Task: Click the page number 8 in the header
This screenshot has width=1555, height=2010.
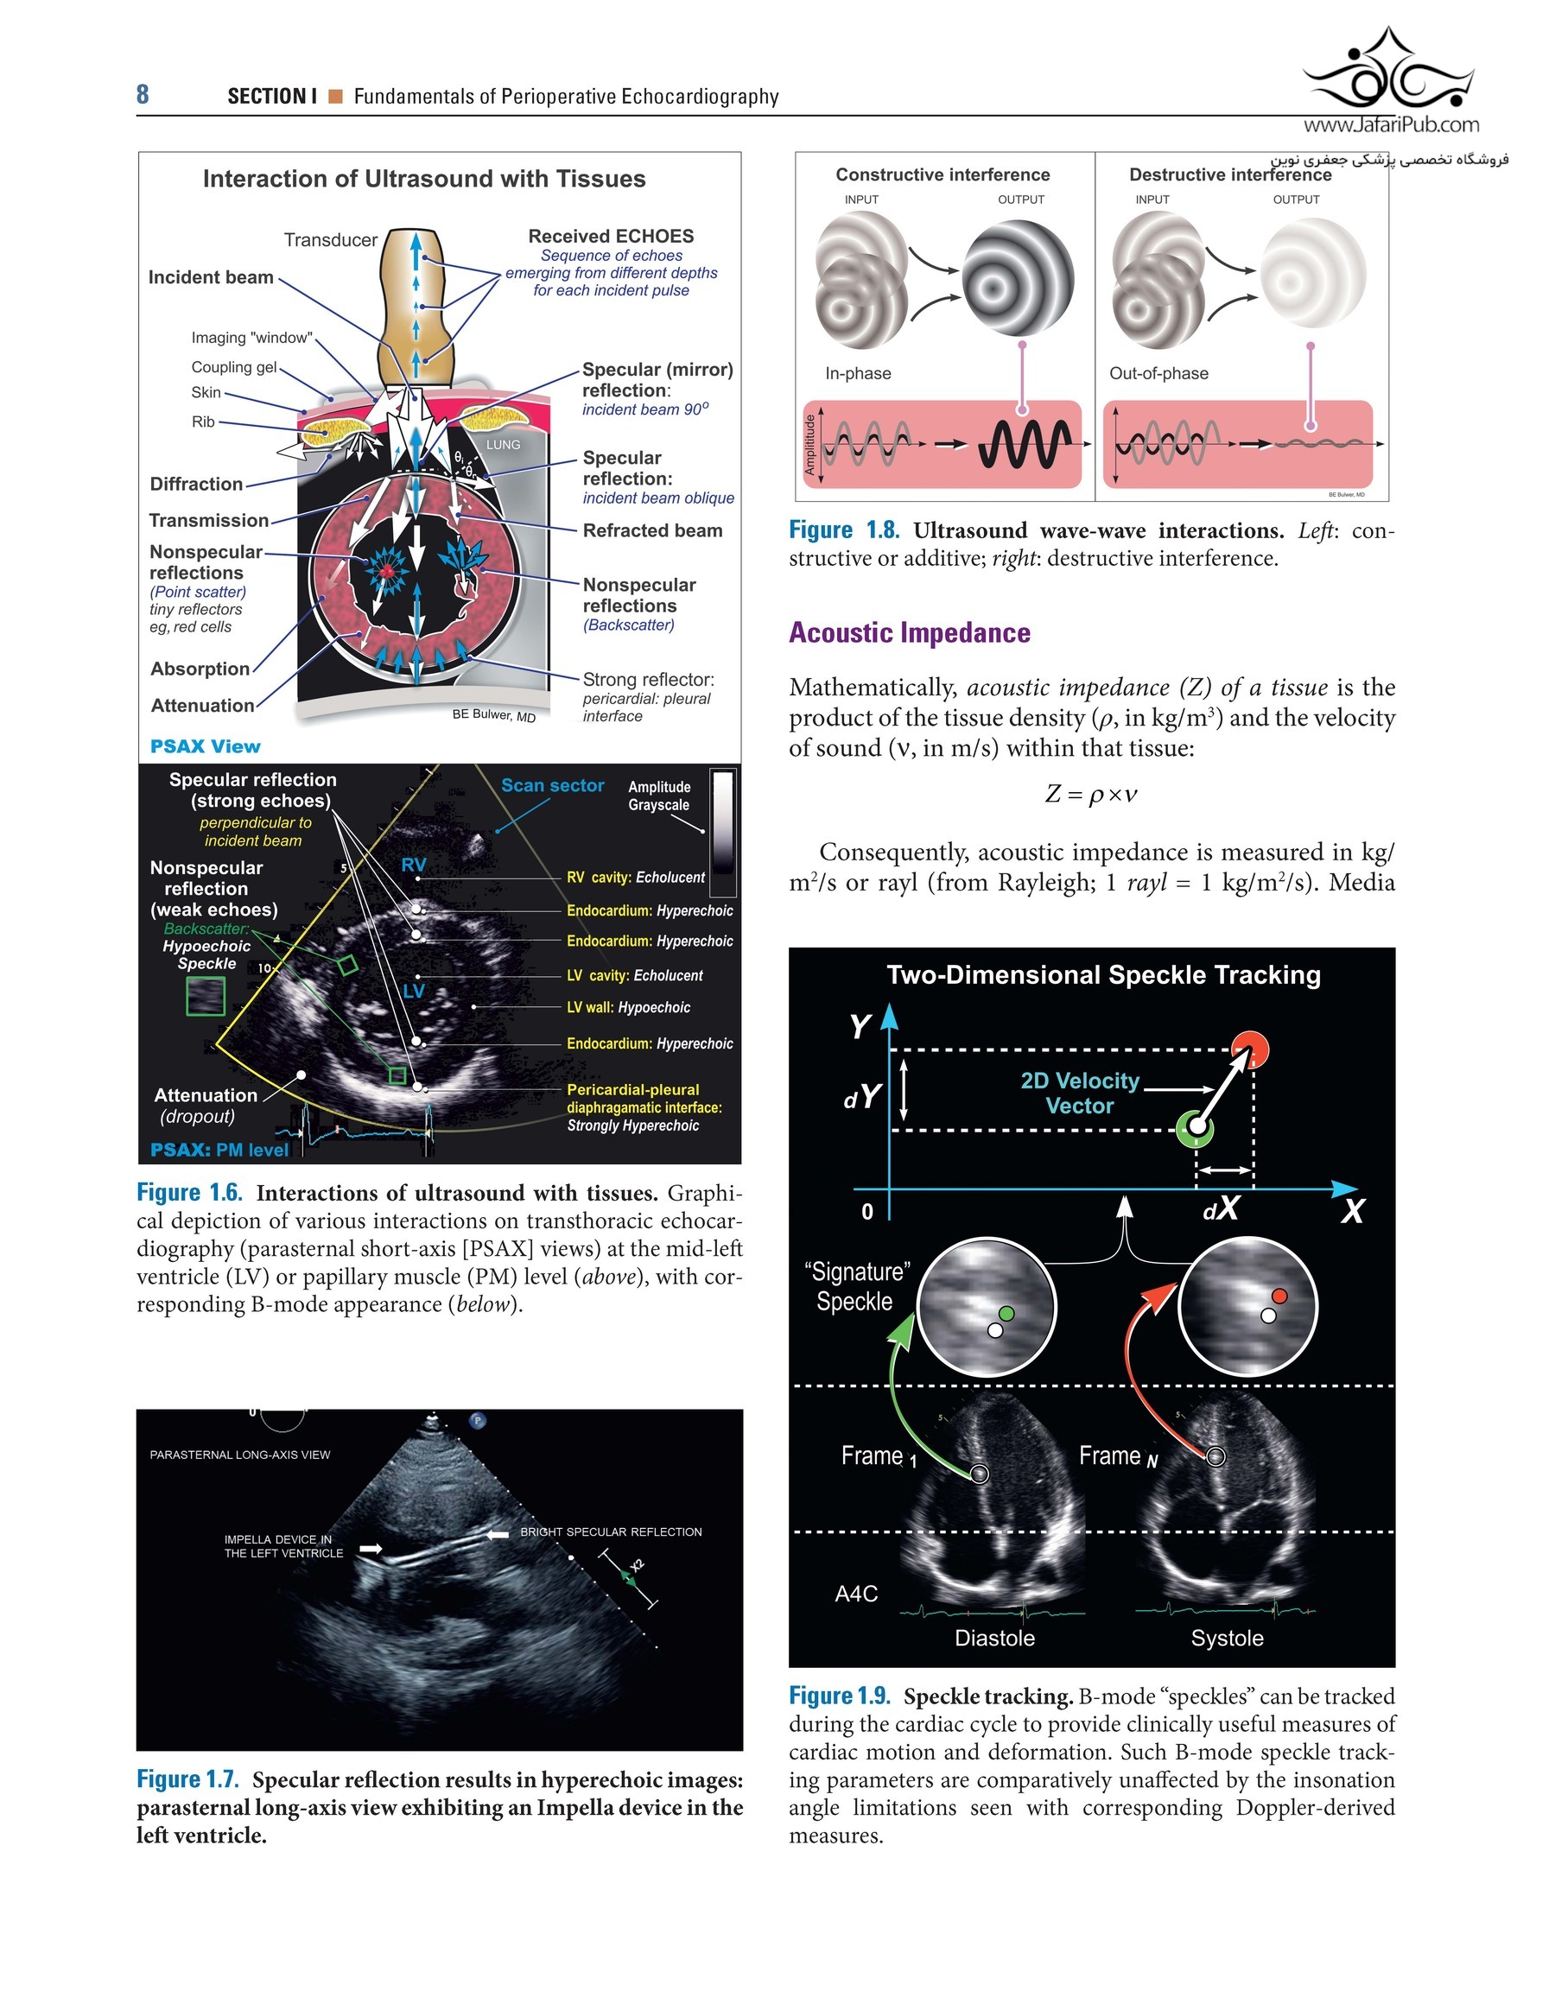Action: coord(143,95)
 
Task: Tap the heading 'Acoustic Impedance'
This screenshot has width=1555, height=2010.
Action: coord(909,633)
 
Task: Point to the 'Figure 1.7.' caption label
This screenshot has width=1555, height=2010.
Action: coord(187,1779)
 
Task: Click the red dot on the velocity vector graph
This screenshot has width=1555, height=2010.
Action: coord(1250,1049)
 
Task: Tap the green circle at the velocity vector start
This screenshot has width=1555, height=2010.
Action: coord(1195,1126)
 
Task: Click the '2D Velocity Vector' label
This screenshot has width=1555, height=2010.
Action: coord(1080,1094)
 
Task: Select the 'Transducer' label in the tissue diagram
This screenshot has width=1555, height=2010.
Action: coord(331,240)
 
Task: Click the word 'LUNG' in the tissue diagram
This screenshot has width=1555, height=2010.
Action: coord(503,445)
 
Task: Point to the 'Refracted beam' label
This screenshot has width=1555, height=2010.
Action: coord(652,531)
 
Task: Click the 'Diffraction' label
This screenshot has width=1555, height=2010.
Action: coord(196,484)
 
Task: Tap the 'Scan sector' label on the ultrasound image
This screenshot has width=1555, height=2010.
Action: coord(552,786)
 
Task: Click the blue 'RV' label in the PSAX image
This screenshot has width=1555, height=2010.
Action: coord(414,866)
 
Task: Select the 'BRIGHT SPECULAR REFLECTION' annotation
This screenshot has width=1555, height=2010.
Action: coord(611,1532)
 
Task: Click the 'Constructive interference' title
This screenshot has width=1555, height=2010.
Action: coord(942,174)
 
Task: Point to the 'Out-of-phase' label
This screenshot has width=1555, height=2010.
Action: coord(1158,374)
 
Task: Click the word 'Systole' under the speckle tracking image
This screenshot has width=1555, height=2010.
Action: coord(1227,1639)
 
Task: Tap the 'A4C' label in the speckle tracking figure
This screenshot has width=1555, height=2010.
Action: coord(855,1594)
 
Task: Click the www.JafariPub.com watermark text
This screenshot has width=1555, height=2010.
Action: coord(1391,125)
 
